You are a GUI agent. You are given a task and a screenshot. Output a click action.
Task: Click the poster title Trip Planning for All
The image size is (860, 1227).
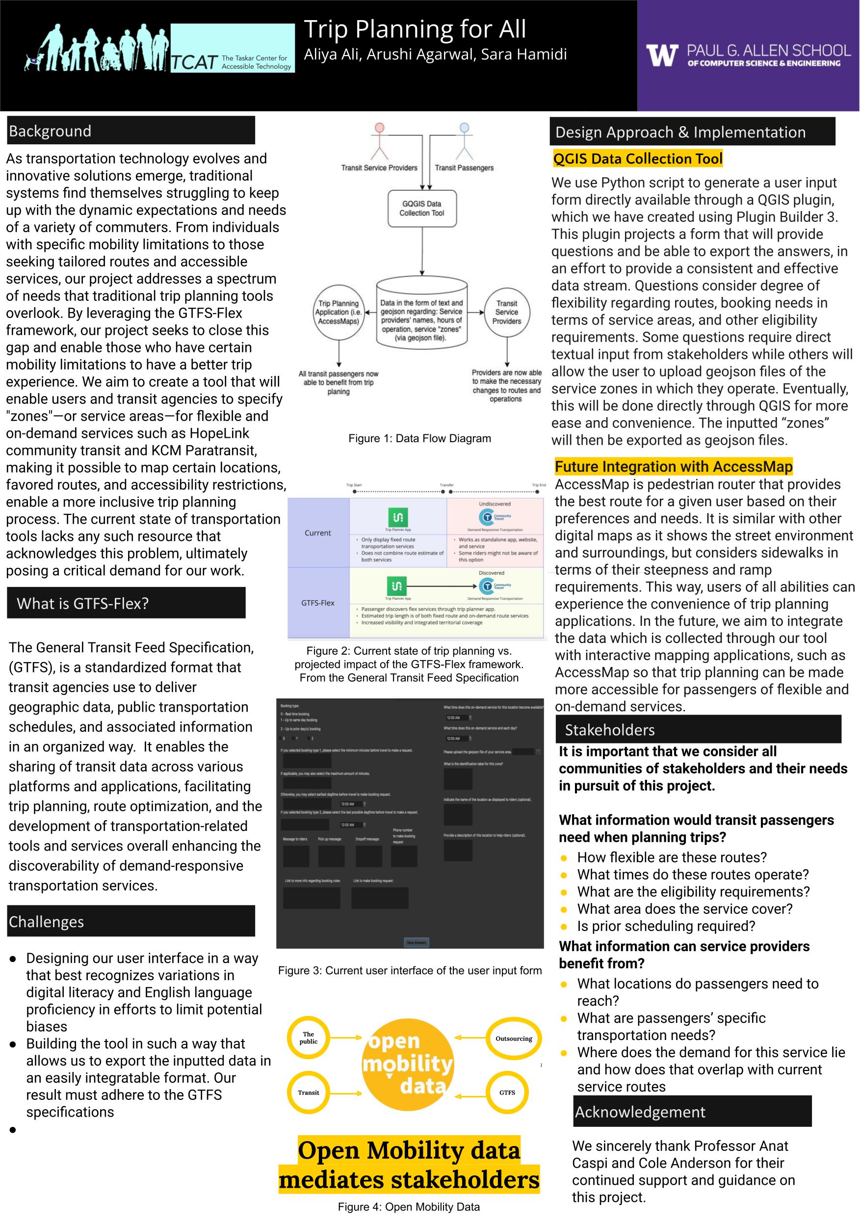(415, 29)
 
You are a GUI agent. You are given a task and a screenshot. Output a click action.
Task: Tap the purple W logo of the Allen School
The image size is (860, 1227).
(661, 55)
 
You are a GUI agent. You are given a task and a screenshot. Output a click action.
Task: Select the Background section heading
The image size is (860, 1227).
(50, 131)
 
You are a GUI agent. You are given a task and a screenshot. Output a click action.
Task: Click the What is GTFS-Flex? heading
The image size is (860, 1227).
(83, 603)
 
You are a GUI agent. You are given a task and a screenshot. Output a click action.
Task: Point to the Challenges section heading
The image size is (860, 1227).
(47, 921)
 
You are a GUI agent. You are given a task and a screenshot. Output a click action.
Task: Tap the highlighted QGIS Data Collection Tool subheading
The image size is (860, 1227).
(638, 159)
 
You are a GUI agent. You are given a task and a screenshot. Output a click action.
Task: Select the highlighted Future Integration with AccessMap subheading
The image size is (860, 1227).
(673, 467)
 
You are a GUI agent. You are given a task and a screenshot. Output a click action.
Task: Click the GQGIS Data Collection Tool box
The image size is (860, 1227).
(422, 209)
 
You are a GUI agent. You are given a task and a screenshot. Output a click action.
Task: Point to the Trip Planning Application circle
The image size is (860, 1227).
(339, 312)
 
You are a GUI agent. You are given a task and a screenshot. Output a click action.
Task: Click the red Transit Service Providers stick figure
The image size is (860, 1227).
(379, 142)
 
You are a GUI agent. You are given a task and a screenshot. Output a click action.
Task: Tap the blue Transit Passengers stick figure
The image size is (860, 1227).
(464, 142)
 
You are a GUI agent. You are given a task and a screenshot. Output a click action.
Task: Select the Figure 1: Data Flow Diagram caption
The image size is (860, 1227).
(419, 438)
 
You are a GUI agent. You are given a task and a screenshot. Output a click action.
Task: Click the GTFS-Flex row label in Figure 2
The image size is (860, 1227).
(318, 603)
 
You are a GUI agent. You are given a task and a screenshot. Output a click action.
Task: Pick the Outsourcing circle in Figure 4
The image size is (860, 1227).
(514, 1039)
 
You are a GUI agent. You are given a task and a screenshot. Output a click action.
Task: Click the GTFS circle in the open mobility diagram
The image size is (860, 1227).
(507, 1093)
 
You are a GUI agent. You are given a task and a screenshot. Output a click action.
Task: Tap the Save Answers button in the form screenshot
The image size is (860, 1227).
(417, 942)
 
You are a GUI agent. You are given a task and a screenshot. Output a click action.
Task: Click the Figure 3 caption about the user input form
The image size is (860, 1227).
(410, 970)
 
